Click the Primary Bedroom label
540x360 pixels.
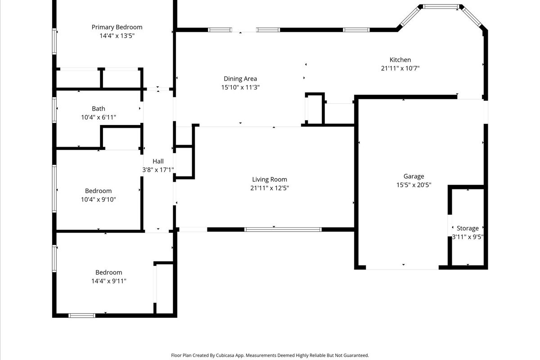click(x=117, y=27)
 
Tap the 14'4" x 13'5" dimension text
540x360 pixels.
click(x=117, y=36)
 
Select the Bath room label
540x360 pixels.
click(x=99, y=108)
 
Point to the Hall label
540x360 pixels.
click(x=158, y=161)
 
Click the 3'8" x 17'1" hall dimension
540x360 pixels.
click(x=158, y=170)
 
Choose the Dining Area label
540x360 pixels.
click(x=240, y=79)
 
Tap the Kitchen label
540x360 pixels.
click(x=400, y=59)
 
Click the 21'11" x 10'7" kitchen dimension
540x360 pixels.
click(x=400, y=68)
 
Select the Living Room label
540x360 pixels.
click(x=270, y=180)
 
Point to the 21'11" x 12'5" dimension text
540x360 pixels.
click(x=270, y=188)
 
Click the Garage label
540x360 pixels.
click(x=414, y=176)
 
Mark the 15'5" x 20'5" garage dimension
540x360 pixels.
click(x=414, y=184)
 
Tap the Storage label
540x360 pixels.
click(x=468, y=228)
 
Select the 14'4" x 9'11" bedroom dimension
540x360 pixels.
click(x=108, y=281)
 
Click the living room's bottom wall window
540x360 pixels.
click(x=283, y=229)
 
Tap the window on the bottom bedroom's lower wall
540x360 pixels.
click(x=82, y=315)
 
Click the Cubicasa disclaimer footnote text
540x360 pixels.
click(x=270, y=355)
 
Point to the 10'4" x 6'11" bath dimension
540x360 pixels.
click(x=99, y=117)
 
